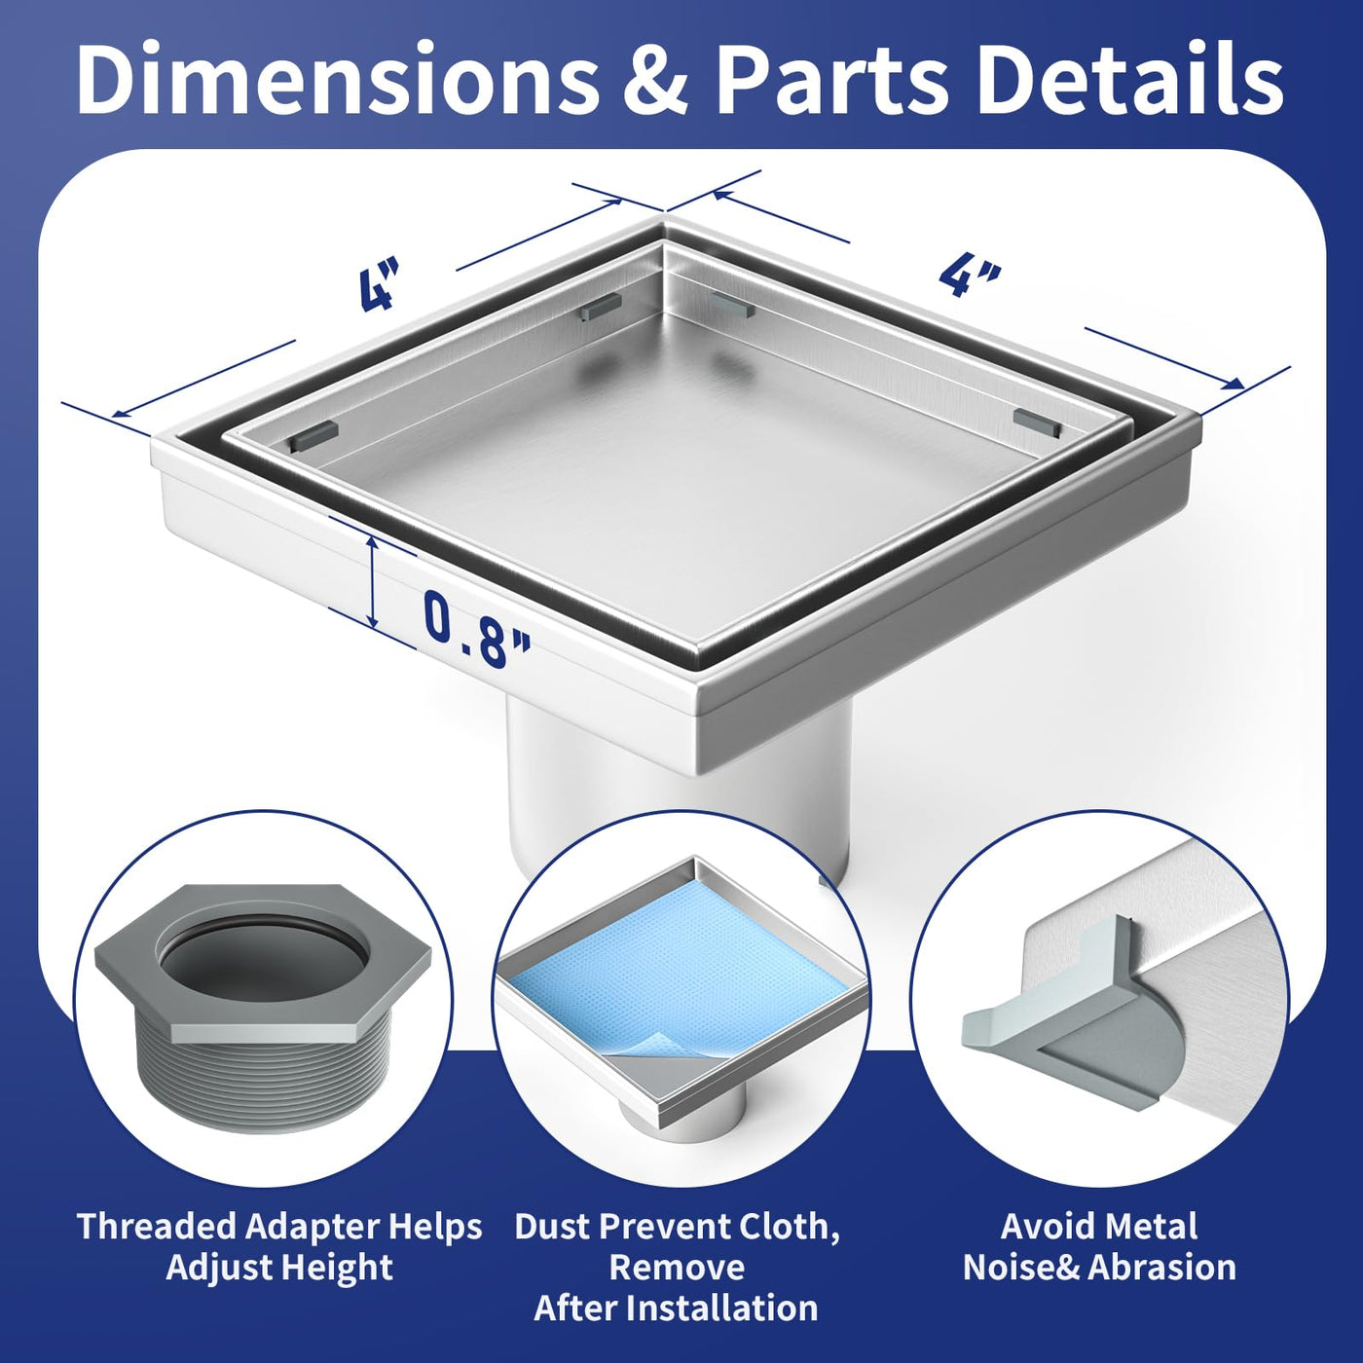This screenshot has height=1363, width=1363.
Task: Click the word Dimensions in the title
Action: tap(336, 80)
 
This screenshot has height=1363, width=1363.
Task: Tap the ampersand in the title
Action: tap(655, 82)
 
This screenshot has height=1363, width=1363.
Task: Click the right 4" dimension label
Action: tap(970, 277)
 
